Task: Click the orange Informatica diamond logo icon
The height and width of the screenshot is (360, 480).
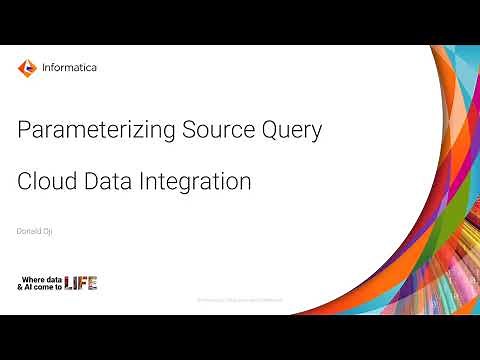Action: [x=27, y=69]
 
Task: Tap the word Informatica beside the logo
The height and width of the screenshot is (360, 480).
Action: [x=70, y=69]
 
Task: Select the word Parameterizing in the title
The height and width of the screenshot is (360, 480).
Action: [x=87, y=129]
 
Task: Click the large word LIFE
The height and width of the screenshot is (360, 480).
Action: [x=81, y=282]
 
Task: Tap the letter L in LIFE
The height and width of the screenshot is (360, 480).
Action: [x=69, y=282]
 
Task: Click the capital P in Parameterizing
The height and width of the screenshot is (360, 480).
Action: [x=25, y=129]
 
